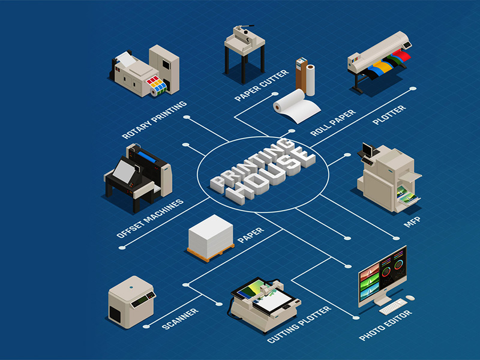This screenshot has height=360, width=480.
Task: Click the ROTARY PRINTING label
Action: tap(155, 120)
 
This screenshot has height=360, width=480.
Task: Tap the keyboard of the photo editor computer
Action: tap(393, 307)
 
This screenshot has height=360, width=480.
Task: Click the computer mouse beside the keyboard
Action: tap(410, 298)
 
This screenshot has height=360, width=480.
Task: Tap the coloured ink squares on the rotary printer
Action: tap(158, 83)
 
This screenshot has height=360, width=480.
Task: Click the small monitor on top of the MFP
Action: tap(368, 150)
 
